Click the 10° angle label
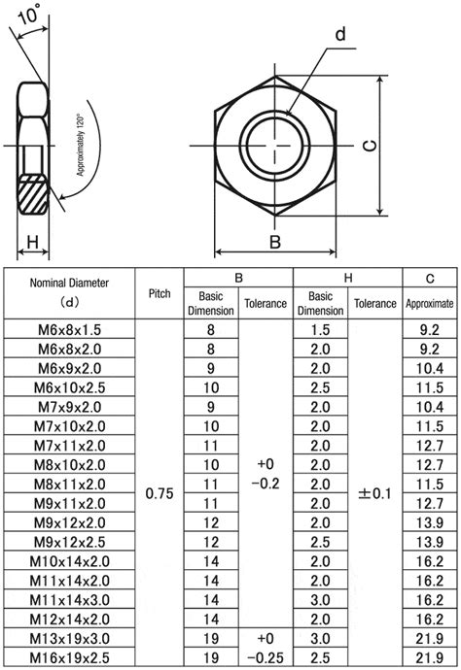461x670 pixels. pos(28,14)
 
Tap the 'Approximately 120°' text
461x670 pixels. pos(80,145)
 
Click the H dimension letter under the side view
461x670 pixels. pos(32,243)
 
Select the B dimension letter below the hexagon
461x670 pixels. pos(275,242)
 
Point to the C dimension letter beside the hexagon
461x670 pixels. pos(370,146)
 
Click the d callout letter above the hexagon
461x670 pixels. pos(340,34)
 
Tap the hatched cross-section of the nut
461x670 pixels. pos(32,194)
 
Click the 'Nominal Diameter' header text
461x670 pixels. pos(69,283)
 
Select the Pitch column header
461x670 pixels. pos(160,293)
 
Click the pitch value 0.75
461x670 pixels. pos(160,493)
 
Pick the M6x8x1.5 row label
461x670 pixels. pos(69,330)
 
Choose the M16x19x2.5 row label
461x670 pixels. pos(69,657)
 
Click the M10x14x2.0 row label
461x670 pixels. pos(69,561)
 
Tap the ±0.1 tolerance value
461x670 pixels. pos(374,493)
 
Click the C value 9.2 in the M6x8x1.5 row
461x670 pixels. pos(430,330)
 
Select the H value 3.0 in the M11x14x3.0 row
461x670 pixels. pos(320,600)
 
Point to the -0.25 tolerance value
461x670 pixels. pos(266,657)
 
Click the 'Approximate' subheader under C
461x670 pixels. pos(430,303)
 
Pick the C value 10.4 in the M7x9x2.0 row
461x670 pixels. pos(430,407)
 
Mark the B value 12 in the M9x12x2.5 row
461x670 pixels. pos(211,542)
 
